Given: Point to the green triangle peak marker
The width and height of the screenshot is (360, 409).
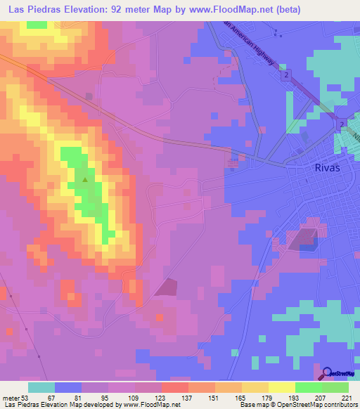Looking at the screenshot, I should [x=86, y=179].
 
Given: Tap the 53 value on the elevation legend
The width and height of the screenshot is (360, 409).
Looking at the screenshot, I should [x=26, y=397].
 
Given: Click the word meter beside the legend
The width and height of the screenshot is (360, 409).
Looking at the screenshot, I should [x=11, y=397].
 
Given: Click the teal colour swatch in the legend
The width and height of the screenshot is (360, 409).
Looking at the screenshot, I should [x=41, y=387].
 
